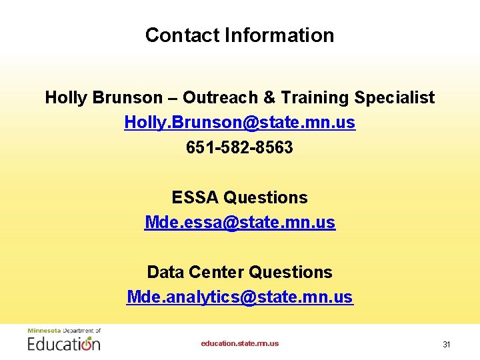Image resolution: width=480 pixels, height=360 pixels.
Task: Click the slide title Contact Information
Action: pos(239,35)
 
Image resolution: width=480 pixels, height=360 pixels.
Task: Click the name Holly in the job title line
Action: pos(65,98)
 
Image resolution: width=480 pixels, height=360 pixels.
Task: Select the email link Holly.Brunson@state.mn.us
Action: pos(239,123)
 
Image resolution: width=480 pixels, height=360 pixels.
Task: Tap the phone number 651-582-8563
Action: pos(239,147)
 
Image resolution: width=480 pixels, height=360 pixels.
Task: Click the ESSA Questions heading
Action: pos(239,197)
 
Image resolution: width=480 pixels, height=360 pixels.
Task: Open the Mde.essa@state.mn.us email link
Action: pos(239,222)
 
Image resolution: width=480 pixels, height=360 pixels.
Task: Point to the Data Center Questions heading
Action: pos(239,272)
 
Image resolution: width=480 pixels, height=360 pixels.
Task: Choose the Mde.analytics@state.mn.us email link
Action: pos(239,297)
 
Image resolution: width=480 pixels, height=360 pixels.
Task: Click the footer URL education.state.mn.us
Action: pos(239,343)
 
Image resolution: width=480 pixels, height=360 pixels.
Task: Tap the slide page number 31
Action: pos(447,344)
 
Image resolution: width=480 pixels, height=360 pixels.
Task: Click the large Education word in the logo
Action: pos(64,343)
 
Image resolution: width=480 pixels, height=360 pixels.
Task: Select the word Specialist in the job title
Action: pos(394,98)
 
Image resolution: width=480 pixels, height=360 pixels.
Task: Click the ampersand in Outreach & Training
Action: pos(269,98)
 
